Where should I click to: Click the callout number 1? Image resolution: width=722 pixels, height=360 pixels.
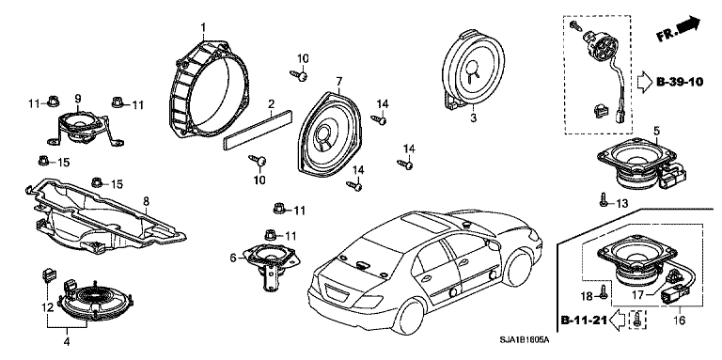click(x=203, y=28)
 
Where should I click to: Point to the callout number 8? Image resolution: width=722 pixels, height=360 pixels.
click(x=146, y=201)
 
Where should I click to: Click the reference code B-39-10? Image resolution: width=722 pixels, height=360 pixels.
click(x=680, y=82)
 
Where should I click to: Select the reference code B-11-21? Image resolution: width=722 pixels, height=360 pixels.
click(x=584, y=320)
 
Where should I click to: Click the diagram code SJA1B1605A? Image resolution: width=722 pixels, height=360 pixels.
click(x=525, y=340)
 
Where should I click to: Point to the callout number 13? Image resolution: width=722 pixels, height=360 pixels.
click(x=621, y=203)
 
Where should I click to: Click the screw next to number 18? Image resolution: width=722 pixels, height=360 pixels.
click(x=602, y=292)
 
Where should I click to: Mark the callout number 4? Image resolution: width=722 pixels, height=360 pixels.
click(x=67, y=341)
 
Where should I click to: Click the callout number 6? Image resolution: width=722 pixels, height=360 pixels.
click(x=233, y=258)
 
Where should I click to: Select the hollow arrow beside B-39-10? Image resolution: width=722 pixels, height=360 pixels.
click(x=645, y=83)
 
